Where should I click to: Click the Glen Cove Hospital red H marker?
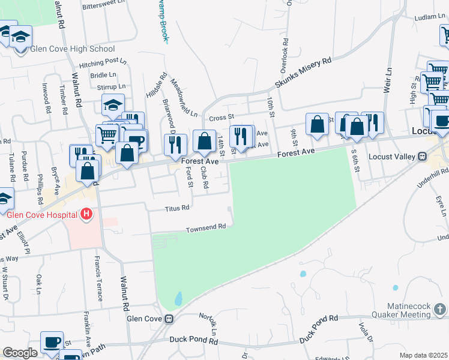(x=87, y=214)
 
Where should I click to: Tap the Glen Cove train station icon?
(x=170, y=319)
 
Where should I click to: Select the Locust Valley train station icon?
(x=422, y=156)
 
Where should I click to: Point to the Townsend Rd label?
(x=205, y=228)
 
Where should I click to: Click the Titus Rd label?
(x=178, y=208)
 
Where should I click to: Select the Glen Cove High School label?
(x=68, y=49)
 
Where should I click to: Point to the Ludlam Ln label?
(x=430, y=18)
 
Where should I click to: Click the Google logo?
(x=20, y=353)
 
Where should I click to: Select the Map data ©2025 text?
(x=423, y=355)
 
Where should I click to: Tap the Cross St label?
(x=221, y=118)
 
